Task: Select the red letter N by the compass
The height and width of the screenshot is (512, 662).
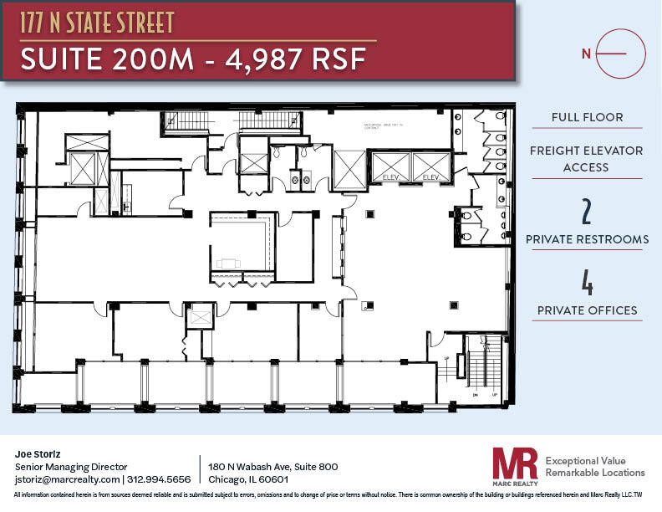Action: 587,53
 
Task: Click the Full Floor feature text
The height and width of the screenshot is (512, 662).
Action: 587,117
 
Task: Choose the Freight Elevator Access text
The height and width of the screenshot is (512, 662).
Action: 587,159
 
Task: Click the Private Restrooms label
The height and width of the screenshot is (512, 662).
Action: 587,239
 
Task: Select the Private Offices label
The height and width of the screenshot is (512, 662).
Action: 587,310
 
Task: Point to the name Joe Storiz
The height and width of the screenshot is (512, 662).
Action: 38,453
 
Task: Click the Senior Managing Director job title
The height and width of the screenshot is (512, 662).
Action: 71,467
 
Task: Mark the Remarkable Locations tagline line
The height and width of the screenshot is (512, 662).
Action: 594,474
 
